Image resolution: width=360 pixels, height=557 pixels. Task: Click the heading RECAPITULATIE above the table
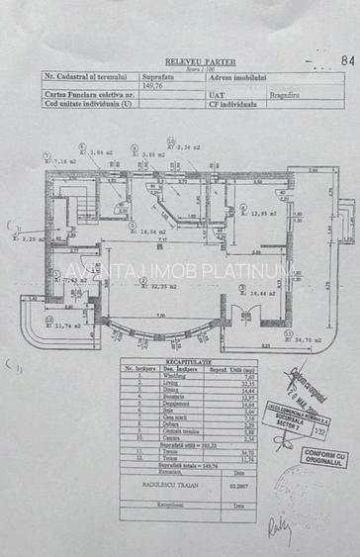click(178, 362)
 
